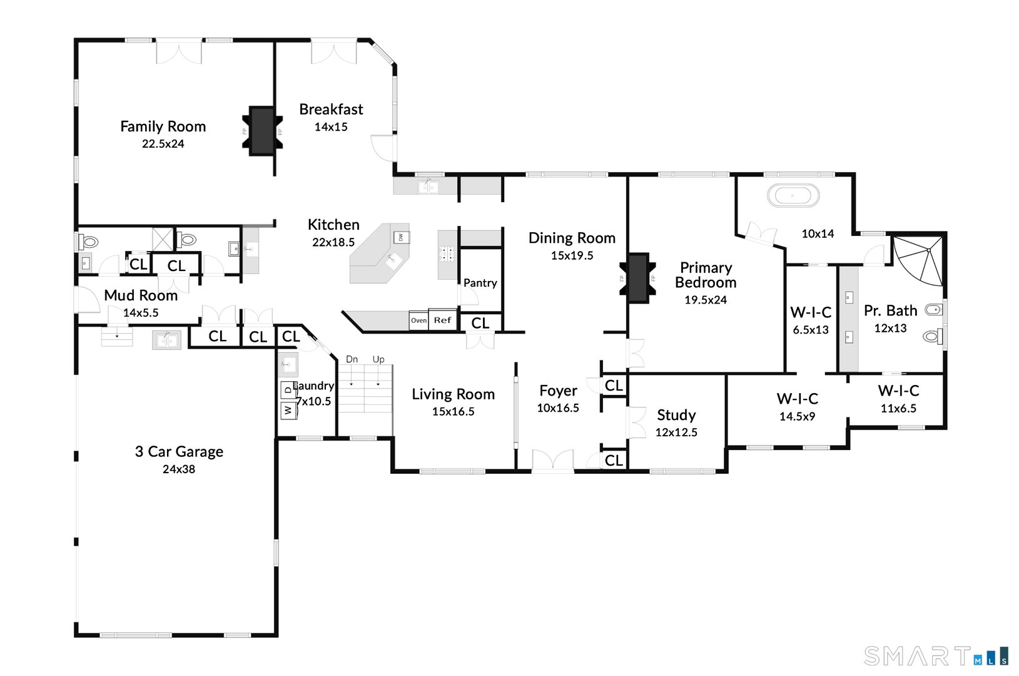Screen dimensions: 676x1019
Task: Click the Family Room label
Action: coord(163,126)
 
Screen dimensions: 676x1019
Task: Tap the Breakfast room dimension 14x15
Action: coord(330,127)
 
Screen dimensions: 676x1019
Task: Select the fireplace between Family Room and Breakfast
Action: coord(262,131)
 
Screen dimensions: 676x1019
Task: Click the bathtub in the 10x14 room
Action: coord(793,196)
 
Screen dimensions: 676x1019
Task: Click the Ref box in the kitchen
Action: coord(442,320)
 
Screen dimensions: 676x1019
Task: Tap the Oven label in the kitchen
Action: coord(418,320)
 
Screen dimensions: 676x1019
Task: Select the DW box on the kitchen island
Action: coord(401,237)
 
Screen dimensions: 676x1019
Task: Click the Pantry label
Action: coord(480,283)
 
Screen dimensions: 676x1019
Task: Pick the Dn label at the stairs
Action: coord(352,359)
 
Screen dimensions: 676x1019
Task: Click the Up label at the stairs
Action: coord(378,359)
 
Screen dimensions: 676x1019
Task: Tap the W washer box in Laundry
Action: coord(288,410)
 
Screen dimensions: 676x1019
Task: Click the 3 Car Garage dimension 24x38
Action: coord(179,469)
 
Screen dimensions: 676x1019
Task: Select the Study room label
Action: coord(676,415)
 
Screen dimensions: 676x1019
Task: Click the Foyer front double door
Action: coord(552,460)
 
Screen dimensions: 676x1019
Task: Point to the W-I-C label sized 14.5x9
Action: coord(797,399)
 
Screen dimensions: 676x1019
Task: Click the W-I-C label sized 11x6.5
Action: coord(898,391)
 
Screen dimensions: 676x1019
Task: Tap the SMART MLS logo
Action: coord(935,656)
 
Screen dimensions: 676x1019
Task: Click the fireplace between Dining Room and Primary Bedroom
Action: coord(638,278)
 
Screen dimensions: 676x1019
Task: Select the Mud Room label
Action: coord(141,295)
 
